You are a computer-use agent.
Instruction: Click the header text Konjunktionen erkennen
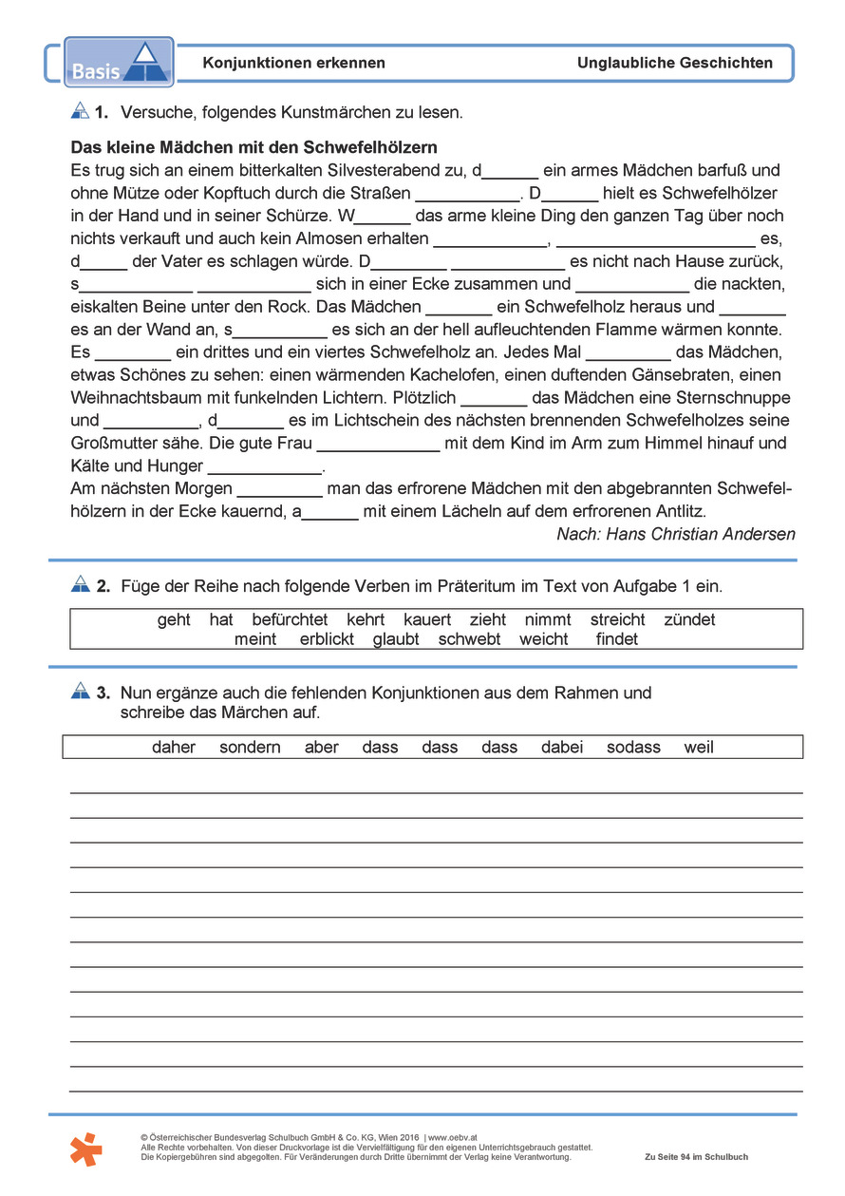coord(293,63)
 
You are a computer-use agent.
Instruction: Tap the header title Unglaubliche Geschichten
coord(674,63)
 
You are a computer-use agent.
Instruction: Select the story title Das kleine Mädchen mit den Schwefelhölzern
coord(253,148)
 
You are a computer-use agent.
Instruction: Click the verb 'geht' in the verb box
coord(174,619)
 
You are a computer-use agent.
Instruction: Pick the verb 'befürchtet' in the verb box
coord(290,619)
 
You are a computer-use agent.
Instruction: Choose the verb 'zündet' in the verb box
coord(689,619)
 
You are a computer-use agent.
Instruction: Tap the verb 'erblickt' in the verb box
coord(327,639)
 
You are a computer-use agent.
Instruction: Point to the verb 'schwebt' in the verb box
coord(469,639)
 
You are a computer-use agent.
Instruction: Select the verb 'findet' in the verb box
coord(617,639)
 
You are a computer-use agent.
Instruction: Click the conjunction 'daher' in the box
coord(174,748)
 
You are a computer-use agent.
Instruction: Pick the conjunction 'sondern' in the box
coord(250,748)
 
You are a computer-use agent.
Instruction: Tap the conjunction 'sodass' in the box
coord(633,748)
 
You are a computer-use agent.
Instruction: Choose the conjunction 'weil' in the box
coord(699,748)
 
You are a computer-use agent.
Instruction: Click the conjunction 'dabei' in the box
coord(562,748)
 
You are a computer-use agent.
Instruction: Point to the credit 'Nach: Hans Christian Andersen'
coord(675,534)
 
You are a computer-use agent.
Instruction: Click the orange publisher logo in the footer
coord(86,1150)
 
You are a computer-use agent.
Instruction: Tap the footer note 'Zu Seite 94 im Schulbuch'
coord(696,1157)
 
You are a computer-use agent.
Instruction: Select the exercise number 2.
coord(103,587)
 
